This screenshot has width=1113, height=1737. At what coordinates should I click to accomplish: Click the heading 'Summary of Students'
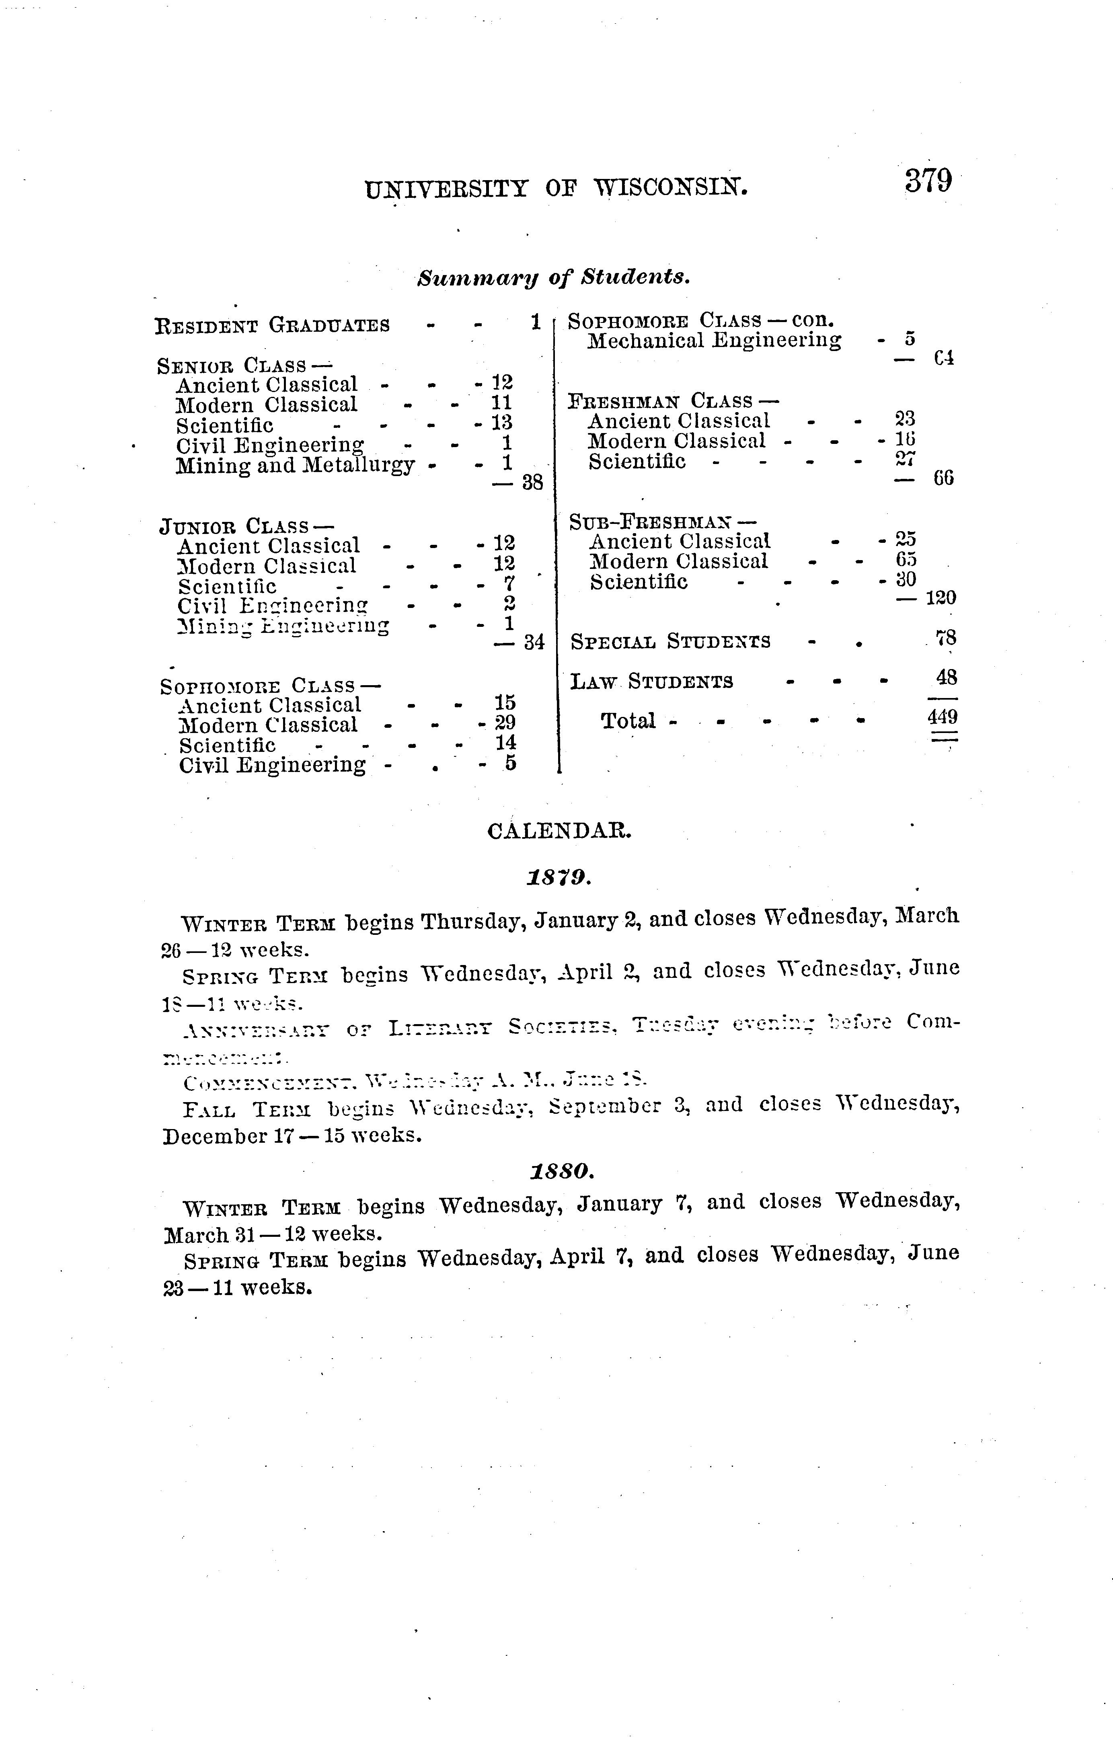[x=554, y=277]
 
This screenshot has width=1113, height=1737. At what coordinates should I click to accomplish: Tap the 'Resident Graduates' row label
[x=273, y=325]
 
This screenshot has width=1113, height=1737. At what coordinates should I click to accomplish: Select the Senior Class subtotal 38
[x=532, y=482]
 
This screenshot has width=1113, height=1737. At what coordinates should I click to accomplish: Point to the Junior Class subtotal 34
[x=533, y=643]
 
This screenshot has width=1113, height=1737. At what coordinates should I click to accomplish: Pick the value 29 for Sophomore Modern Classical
[x=505, y=723]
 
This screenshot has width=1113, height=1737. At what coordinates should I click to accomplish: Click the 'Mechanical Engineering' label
[x=714, y=340]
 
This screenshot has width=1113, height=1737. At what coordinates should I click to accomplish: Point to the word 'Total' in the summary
[x=628, y=721]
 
